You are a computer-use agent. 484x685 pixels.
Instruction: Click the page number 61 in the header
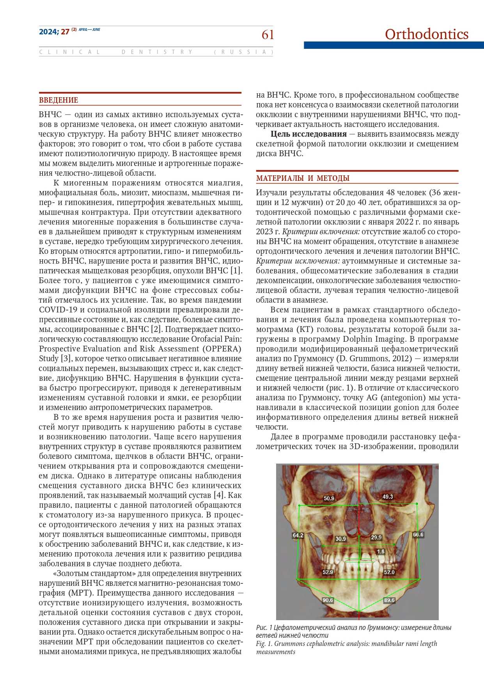(x=268, y=35)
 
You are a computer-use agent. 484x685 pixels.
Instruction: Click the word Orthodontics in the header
(x=426, y=34)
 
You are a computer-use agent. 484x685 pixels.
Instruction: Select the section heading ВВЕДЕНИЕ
(x=59, y=100)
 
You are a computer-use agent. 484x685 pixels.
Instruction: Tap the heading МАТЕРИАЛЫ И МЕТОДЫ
(x=303, y=178)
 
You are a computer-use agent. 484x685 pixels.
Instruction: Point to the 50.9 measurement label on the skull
(x=329, y=498)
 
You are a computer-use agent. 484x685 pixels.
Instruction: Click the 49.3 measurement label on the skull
(x=388, y=497)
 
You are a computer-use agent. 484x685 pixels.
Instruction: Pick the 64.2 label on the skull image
(x=298, y=535)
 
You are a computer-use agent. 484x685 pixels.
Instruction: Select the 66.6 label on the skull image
(x=418, y=535)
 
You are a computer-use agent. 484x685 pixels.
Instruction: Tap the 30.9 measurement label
(x=340, y=539)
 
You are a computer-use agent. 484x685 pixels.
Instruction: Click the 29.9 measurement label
(x=376, y=537)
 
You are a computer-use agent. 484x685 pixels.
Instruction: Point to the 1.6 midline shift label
(x=381, y=551)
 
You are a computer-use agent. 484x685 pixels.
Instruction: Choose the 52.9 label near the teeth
(x=328, y=572)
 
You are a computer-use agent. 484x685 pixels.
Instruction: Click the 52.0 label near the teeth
(x=389, y=572)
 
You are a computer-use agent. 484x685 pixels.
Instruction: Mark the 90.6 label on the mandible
(x=328, y=600)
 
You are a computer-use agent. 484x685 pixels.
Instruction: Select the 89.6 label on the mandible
(x=389, y=600)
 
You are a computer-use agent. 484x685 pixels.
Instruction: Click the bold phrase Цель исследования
(x=308, y=134)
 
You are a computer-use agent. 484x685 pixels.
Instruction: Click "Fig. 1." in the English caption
(x=264, y=644)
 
